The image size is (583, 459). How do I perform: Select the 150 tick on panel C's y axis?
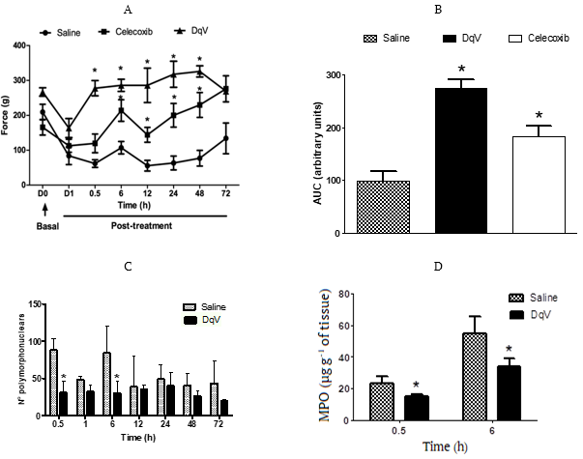pyautogui.click(x=36, y=304)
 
